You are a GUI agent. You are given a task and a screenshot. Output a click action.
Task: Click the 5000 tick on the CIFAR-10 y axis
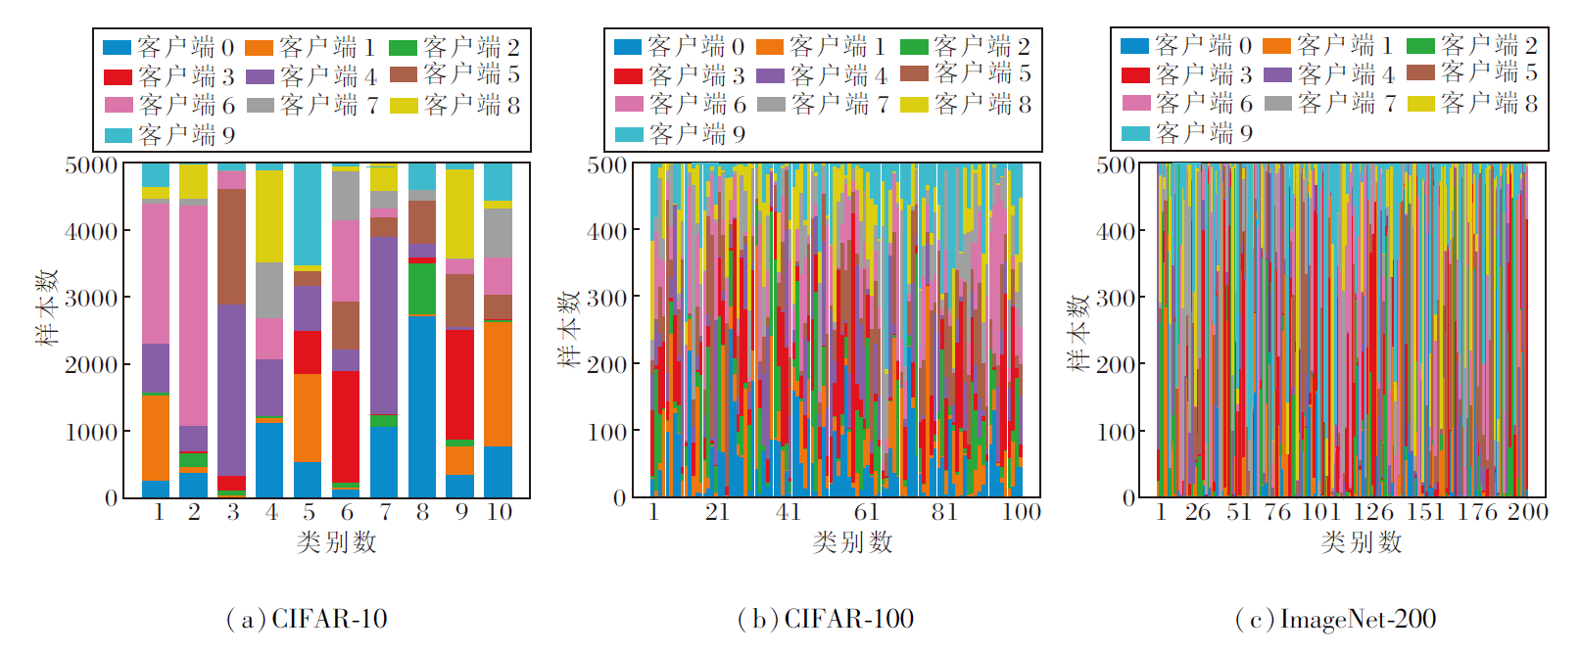tap(91, 165)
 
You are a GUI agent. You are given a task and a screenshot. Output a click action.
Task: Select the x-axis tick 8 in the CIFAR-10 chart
tap(422, 512)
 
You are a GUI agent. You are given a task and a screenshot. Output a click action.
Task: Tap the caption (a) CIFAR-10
tap(307, 620)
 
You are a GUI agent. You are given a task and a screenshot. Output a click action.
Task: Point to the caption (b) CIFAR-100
tap(825, 620)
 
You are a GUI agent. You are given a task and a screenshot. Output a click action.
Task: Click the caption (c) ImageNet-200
tap(1335, 620)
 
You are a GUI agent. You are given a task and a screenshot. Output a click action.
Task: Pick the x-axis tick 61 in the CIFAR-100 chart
tap(866, 512)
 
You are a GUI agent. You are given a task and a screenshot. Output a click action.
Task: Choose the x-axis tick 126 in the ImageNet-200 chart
tap(1373, 512)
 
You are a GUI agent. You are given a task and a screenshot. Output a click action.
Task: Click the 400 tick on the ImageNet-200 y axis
tap(1115, 232)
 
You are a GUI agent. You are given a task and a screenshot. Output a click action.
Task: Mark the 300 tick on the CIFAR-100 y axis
tap(606, 298)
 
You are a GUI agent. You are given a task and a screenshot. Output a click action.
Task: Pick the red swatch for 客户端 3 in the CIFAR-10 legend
tap(118, 76)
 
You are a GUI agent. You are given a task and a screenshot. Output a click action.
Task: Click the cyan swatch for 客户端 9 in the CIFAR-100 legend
tap(629, 134)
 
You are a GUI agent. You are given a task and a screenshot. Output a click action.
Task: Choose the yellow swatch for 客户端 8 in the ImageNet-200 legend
tap(1420, 103)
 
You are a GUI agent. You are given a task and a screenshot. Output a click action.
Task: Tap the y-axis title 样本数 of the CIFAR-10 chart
tap(47, 307)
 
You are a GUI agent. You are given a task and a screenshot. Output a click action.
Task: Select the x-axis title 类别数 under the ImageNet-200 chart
tap(1361, 542)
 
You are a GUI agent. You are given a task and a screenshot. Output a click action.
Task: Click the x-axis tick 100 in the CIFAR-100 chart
tap(1021, 512)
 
